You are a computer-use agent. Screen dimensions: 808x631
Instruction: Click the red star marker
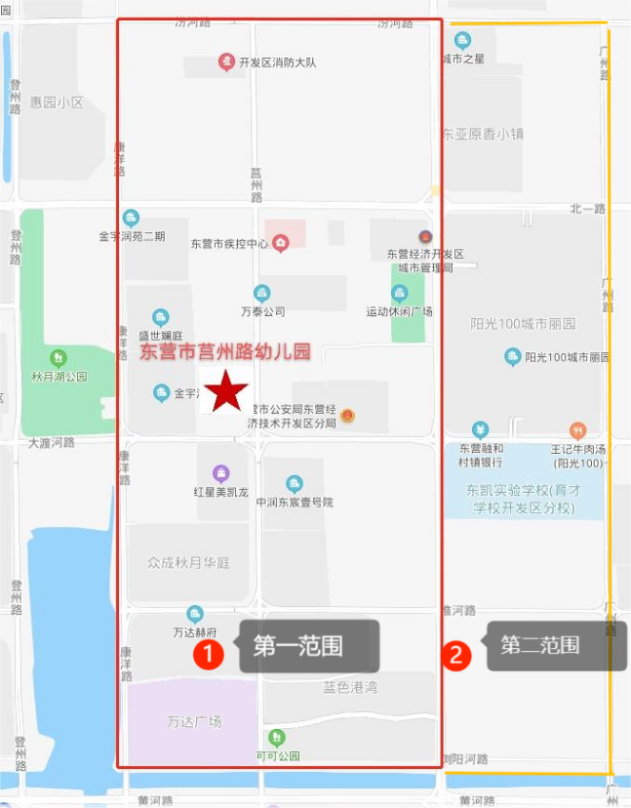pyautogui.click(x=227, y=391)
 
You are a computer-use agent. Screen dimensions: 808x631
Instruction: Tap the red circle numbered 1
pyautogui.click(x=208, y=654)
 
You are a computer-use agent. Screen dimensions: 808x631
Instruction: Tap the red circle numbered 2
pyautogui.click(x=458, y=655)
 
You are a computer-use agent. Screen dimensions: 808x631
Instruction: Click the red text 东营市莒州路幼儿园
pyautogui.click(x=226, y=352)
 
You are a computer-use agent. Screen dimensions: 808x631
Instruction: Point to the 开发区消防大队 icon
pyautogui.click(x=227, y=63)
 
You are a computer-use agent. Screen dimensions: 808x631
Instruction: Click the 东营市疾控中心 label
pyautogui.click(x=228, y=245)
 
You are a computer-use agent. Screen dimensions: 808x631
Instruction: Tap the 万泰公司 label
pyautogui.click(x=263, y=311)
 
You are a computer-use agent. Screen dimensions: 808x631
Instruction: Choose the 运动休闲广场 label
pyautogui.click(x=399, y=311)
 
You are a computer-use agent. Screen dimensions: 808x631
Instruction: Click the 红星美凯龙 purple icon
pyautogui.click(x=221, y=473)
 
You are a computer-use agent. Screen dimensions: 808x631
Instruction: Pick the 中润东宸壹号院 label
pyautogui.click(x=294, y=502)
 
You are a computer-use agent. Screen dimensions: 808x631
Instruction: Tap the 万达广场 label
pyautogui.click(x=193, y=721)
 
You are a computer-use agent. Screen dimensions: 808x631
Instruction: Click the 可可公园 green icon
pyautogui.click(x=276, y=737)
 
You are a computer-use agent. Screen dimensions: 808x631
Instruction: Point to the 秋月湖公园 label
pyautogui.click(x=59, y=376)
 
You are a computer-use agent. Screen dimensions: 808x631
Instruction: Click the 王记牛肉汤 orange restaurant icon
pyautogui.click(x=578, y=430)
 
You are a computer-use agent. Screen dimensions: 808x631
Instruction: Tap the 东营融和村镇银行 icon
pyautogui.click(x=481, y=430)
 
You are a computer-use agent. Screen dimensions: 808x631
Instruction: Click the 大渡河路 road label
pyautogui.click(x=51, y=443)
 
